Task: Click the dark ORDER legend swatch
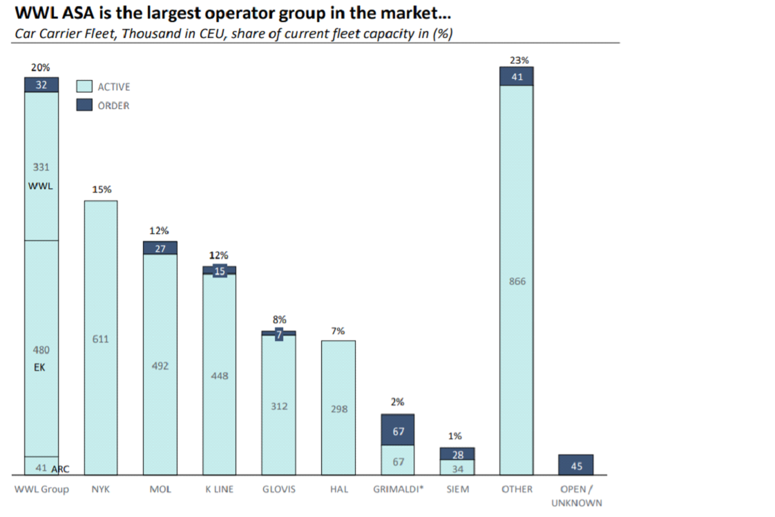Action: click(84, 106)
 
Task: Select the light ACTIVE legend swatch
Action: click(84, 86)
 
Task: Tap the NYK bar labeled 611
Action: click(101, 338)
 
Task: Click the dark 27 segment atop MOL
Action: click(160, 248)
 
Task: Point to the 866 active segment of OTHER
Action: click(517, 280)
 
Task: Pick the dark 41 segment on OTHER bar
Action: click(517, 77)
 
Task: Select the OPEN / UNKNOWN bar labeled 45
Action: click(576, 465)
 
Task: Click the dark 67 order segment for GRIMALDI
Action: click(398, 430)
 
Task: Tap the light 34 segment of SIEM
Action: click(457, 468)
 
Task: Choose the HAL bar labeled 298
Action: click(338, 408)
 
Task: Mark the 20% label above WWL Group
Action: click(41, 68)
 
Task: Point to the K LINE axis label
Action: click(220, 489)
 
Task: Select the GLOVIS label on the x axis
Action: click(278, 489)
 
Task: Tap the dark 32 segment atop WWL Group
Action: click(41, 84)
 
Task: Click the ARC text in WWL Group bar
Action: click(60, 469)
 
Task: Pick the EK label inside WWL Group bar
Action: click(39, 368)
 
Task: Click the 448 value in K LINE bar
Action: click(220, 376)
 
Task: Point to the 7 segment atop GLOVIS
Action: click(279, 333)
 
